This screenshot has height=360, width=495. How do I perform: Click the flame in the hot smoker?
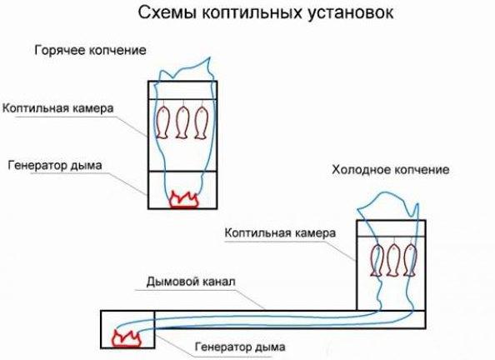point(183,197)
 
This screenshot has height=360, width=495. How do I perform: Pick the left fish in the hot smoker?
point(165,123)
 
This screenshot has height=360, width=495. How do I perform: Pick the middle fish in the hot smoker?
point(182,122)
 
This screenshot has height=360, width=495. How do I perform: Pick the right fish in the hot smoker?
point(200,122)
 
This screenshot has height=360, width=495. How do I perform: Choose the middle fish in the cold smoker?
point(392,260)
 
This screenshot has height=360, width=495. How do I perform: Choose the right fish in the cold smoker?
point(409,260)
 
